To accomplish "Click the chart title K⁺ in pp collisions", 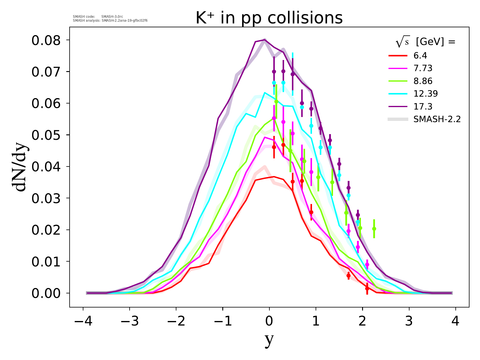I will pos(269,18).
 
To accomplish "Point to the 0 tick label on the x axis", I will pos(269,322).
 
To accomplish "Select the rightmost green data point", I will pos(374,229).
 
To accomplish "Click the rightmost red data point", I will pos(367,288).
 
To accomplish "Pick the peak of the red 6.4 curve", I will pos(274,177).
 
